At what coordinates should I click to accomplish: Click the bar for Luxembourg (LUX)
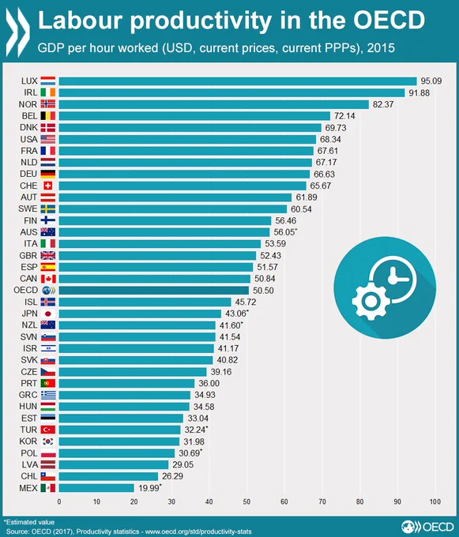tap(238, 81)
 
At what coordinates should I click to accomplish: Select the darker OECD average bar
tap(154, 291)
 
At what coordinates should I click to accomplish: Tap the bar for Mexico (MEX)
tap(96, 488)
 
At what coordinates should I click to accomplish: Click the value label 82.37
tap(383, 104)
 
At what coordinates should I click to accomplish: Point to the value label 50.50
tap(263, 291)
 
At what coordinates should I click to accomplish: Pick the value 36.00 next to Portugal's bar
tap(209, 383)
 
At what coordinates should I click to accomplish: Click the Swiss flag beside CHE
tap(48, 186)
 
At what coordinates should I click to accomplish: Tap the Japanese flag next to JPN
tap(48, 314)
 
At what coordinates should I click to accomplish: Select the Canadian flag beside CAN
tap(48, 279)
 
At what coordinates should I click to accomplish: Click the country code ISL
tap(31, 302)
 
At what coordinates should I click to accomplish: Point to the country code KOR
tap(28, 441)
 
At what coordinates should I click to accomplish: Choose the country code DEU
tap(28, 174)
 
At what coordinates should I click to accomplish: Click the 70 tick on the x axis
tap(322, 501)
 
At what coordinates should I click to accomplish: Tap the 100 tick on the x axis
tap(435, 501)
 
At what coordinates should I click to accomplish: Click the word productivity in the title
tap(201, 21)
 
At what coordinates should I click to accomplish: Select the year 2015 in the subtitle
tap(381, 48)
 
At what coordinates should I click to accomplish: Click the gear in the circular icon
tap(370, 302)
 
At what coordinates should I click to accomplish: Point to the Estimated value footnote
tap(29, 522)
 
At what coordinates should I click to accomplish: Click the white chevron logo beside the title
tap(18, 32)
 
